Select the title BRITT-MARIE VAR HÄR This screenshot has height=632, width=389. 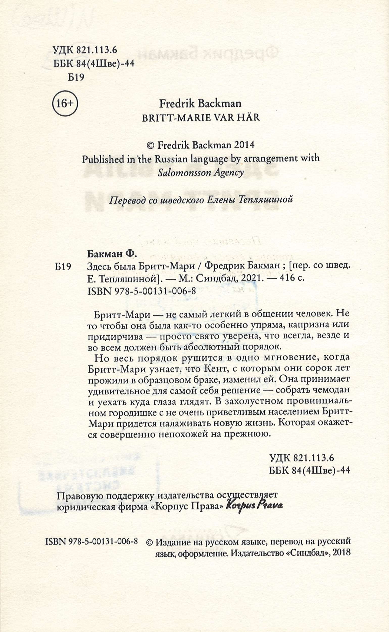click(x=201, y=118)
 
